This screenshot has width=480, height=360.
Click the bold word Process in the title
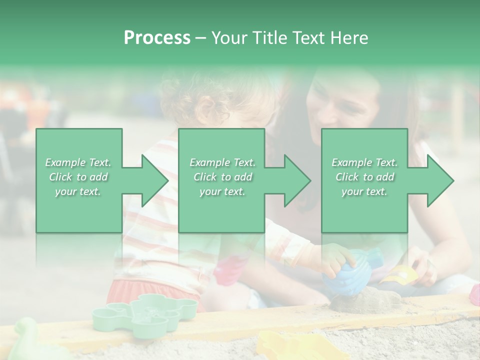coord(157,38)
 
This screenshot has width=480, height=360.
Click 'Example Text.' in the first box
coord(78,162)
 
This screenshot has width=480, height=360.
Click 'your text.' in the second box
coord(222,191)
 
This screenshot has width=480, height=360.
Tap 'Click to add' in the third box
coord(364,177)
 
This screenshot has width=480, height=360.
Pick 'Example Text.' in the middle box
coord(222,162)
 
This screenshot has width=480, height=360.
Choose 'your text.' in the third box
coord(364,191)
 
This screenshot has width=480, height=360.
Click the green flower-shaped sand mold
coord(145,312)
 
